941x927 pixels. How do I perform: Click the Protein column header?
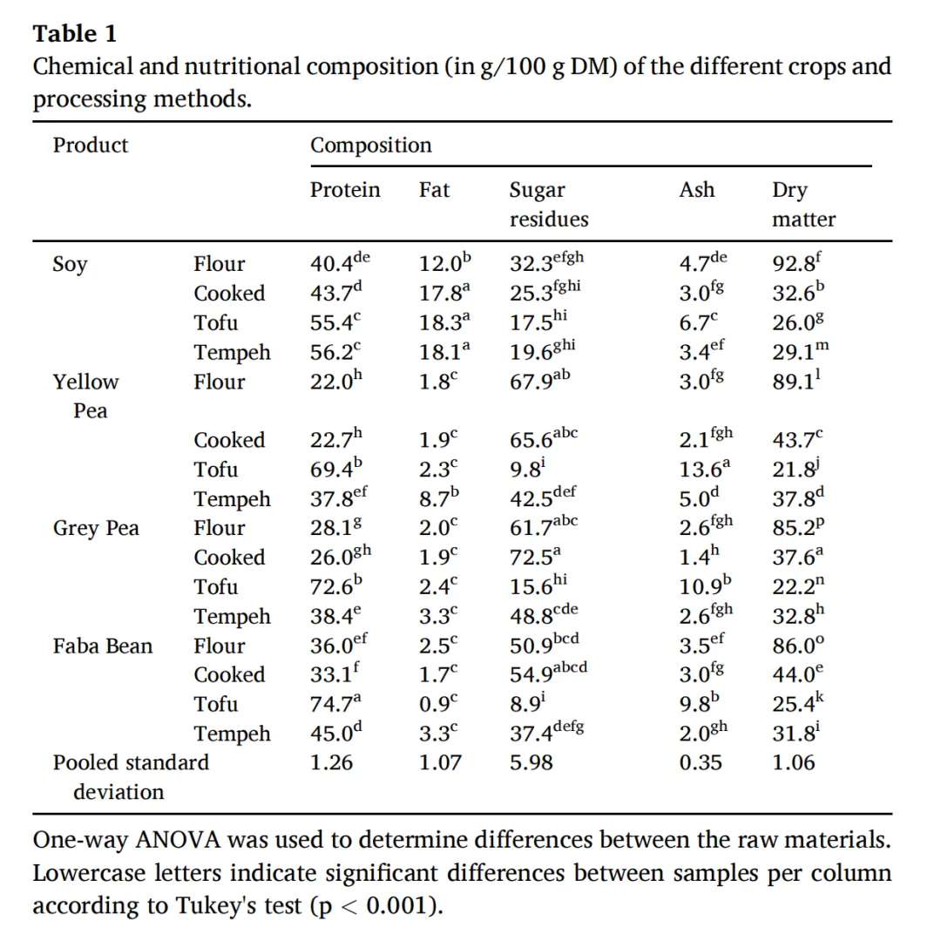[x=345, y=190]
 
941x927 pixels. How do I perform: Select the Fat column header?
[x=434, y=190]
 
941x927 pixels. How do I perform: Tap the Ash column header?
[x=696, y=190]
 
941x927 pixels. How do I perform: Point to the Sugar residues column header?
[x=548, y=205]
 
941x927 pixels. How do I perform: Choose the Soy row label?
[x=70, y=265]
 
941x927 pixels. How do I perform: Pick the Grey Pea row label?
[x=96, y=528]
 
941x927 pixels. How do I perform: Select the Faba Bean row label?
[x=102, y=646]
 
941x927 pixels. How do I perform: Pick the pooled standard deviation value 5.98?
[x=531, y=763]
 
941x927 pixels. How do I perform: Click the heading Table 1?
[x=74, y=34]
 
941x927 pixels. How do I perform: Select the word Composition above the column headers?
[x=370, y=145]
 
